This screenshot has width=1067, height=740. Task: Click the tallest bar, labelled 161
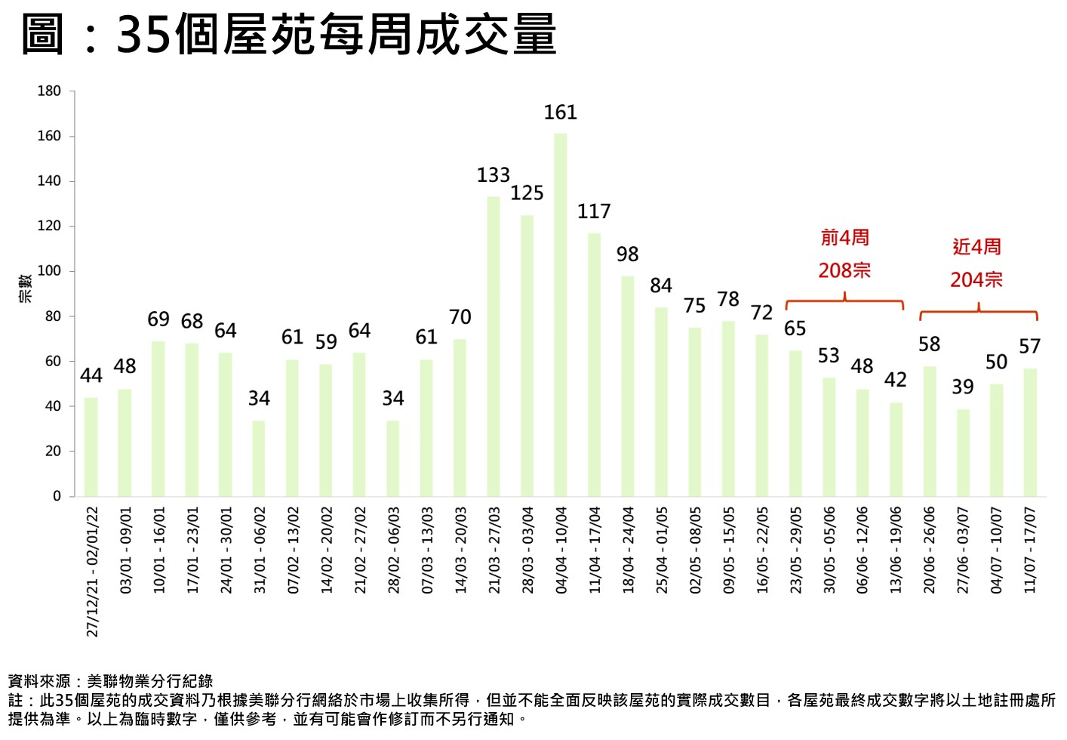coord(561,314)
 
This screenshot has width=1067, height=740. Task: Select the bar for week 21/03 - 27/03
coord(494,346)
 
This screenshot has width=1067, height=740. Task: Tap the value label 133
coord(494,175)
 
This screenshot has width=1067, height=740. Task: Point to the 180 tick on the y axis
coord(49,91)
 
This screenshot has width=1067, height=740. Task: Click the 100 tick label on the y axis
coord(49,271)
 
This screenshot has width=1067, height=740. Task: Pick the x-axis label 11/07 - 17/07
coord(1030,549)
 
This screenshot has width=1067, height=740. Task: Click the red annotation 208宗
coord(844,270)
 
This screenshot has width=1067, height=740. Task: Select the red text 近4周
coord(976,247)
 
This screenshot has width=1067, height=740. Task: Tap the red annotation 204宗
coord(976,280)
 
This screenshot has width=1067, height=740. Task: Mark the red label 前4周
coord(844,238)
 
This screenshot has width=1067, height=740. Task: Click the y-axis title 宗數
coord(26,288)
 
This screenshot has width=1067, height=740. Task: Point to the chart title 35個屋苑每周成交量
coord(337,34)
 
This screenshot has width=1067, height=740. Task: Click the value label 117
coord(594,212)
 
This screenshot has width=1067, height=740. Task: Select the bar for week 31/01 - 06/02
coord(259,458)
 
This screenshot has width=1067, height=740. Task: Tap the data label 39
coord(963,387)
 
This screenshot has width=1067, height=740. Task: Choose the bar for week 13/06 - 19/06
coord(896,449)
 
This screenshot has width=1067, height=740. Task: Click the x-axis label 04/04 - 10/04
coord(561,549)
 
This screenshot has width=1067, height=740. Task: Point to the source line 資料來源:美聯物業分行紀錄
coord(110,682)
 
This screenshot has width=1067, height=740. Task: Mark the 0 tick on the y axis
coord(57,496)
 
